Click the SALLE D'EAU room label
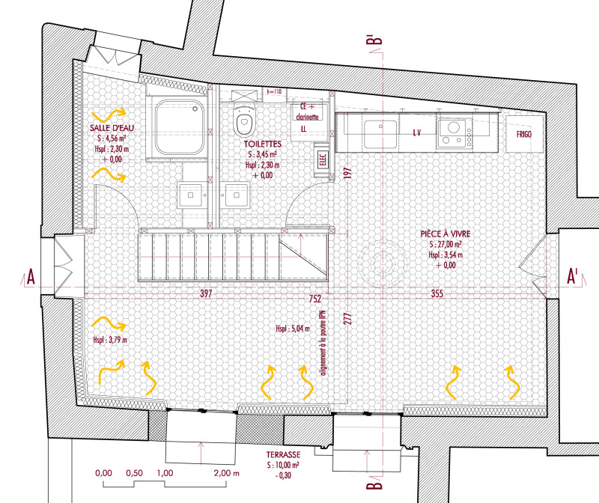(112, 128)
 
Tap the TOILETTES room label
(263, 144)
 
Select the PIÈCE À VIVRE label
(446, 234)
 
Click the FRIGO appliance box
(524, 134)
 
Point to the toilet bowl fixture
(244, 119)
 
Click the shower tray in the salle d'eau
(179, 126)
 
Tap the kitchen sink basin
(380, 134)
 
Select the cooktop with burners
(454, 133)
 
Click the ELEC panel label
(323, 160)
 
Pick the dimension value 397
(206, 293)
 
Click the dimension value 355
(437, 293)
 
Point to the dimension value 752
(314, 299)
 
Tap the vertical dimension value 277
(347, 319)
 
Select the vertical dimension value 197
(347, 174)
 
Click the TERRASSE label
(283, 454)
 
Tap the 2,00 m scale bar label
(227, 473)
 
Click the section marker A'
(572, 276)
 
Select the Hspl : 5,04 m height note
(293, 328)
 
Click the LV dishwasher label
(417, 133)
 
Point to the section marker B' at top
(374, 45)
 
